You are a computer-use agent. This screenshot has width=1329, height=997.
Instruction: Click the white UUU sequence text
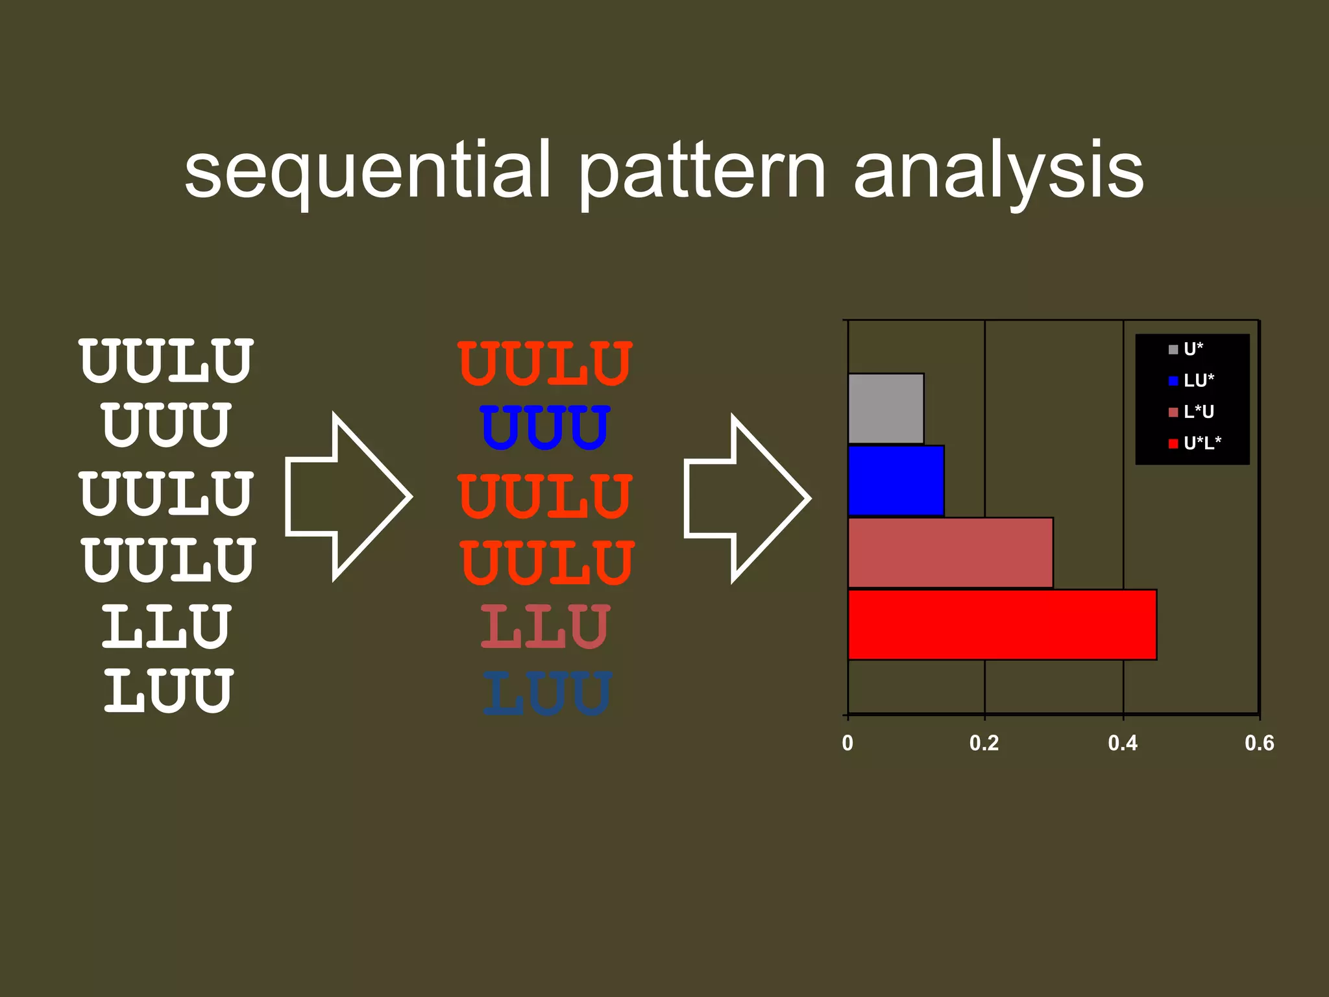pyautogui.click(x=166, y=425)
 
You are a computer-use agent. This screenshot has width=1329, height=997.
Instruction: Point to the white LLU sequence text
pyautogui.click(x=166, y=626)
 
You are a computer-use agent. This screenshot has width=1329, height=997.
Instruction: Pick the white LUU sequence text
pyautogui.click(x=168, y=692)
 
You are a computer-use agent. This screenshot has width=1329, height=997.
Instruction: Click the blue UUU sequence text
pyautogui.click(x=545, y=427)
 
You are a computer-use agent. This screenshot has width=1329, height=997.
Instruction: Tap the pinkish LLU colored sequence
pyautogui.click(x=545, y=626)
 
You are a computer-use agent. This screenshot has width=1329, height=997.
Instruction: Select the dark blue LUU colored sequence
pyautogui.click(x=547, y=693)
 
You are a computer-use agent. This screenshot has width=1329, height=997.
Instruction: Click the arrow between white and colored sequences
pyautogui.click(x=348, y=497)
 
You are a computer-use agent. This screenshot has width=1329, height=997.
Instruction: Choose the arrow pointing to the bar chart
pyautogui.click(x=748, y=498)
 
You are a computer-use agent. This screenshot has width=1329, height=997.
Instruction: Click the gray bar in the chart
pyautogui.click(x=886, y=408)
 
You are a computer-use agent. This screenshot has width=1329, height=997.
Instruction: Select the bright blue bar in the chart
pyautogui.click(x=896, y=480)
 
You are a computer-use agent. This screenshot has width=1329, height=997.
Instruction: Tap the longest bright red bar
pyautogui.click(x=1002, y=624)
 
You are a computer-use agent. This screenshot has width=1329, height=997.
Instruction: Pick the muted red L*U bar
pyautogui.click(x=950, y=552)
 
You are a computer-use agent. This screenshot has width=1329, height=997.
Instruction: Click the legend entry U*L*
pyautogui.click(x=1201, y=443)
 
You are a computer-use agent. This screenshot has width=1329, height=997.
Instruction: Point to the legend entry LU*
pyautogui.click(x=1198, y=380)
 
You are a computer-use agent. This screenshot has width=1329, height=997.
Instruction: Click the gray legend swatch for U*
pyautogui.click(x=1173, y=350)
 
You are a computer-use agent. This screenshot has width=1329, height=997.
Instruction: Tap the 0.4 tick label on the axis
pyautogui.click(x=1123, y=743)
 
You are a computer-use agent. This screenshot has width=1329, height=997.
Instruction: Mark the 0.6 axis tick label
pyautogui.click(x=1259, y=743)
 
